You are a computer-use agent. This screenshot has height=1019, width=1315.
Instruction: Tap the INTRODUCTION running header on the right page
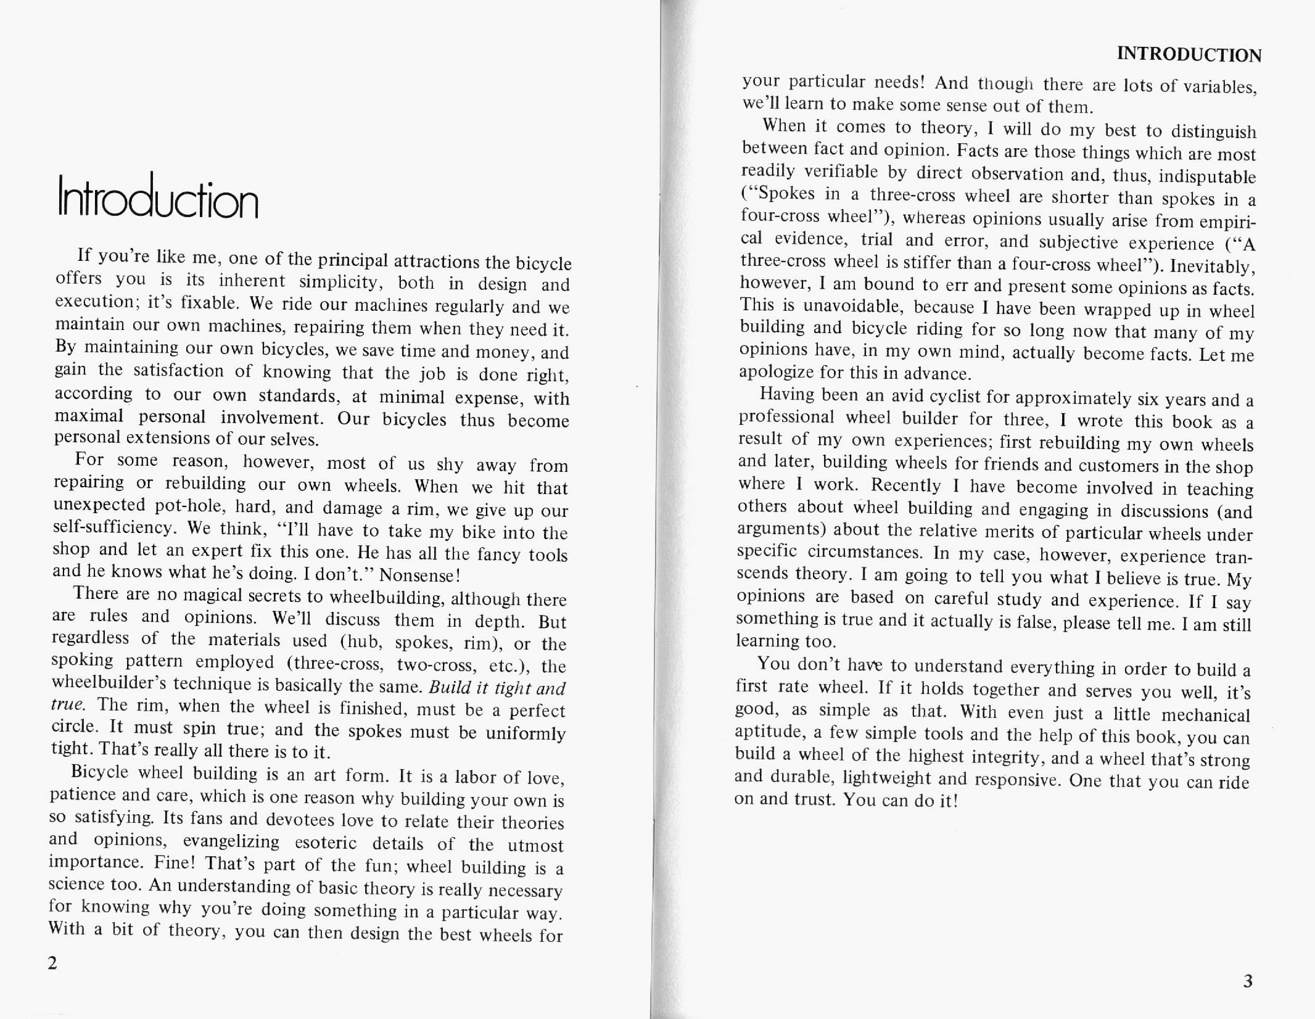[x=1189, y=55]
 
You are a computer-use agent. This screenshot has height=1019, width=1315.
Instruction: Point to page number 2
[x=52, y=963]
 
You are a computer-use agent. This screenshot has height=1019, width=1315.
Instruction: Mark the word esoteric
[x=326, y=843]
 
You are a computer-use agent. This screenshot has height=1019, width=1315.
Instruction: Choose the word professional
[x=786, y=416]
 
